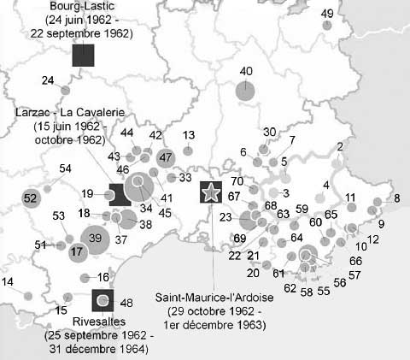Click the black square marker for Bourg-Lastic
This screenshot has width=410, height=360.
tap(83, 56)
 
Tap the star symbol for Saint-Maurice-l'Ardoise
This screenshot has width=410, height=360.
tap(209, 192)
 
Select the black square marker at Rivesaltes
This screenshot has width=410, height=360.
tap(102, 300)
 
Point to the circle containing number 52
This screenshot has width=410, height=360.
tap(31, 198)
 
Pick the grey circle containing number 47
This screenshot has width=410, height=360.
tap(166, 156)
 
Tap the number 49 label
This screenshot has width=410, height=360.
tap(327, 13)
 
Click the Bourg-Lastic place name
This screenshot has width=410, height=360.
tap(82, 6)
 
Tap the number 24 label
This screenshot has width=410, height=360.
tap(48, 80)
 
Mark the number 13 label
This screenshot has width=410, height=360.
tap(189, 135)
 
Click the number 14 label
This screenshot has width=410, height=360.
tap(8, 281)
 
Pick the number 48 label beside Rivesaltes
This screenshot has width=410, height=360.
tap(127, 303)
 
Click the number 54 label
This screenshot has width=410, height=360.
tap(65, 168)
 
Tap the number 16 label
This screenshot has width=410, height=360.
tap(103, 276)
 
